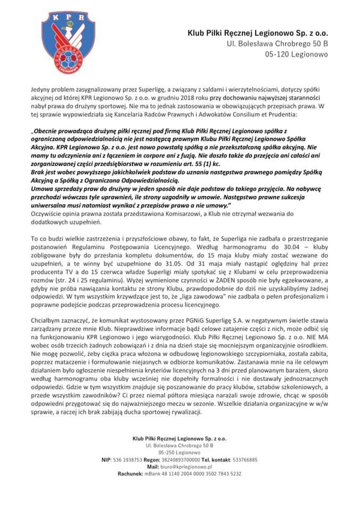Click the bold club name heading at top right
(x=257, y=33)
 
